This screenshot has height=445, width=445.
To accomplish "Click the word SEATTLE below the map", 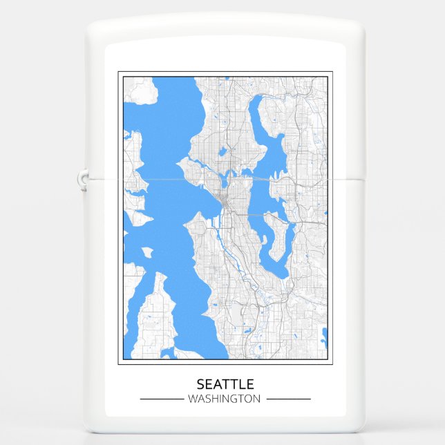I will [x=225, y=384].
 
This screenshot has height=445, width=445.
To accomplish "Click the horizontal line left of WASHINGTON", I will [x=161, y=399].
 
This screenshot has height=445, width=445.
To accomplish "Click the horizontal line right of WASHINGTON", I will [x=288, y=399].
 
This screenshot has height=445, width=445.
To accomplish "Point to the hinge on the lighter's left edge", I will [x=83, y=180].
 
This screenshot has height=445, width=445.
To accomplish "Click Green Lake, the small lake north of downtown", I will [x=223, y=151].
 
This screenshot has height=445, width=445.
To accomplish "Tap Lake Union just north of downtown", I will [x=226, y=182].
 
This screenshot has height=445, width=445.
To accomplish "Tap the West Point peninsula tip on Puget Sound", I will [x=180, y=163].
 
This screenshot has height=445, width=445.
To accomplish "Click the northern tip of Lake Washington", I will [x=255, y=101].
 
